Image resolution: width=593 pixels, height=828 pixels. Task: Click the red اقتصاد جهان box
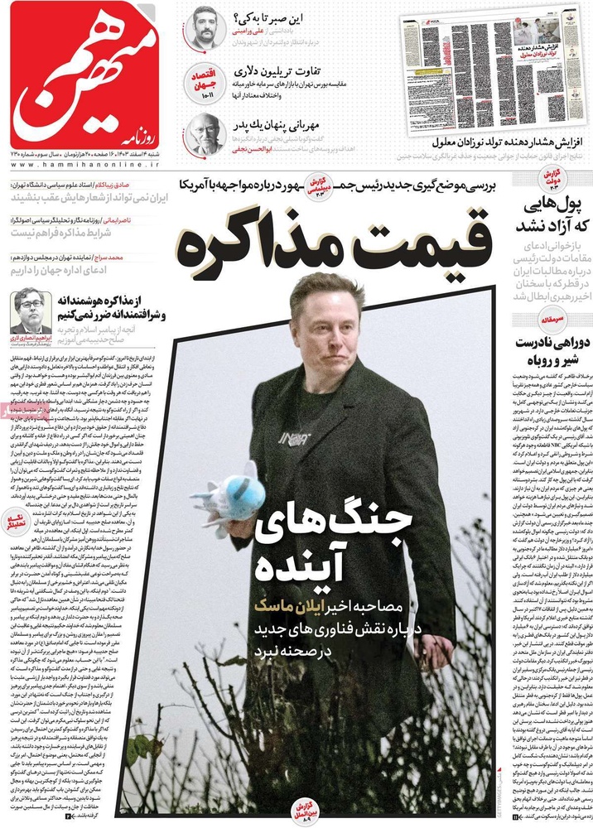[x=203, y=81]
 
